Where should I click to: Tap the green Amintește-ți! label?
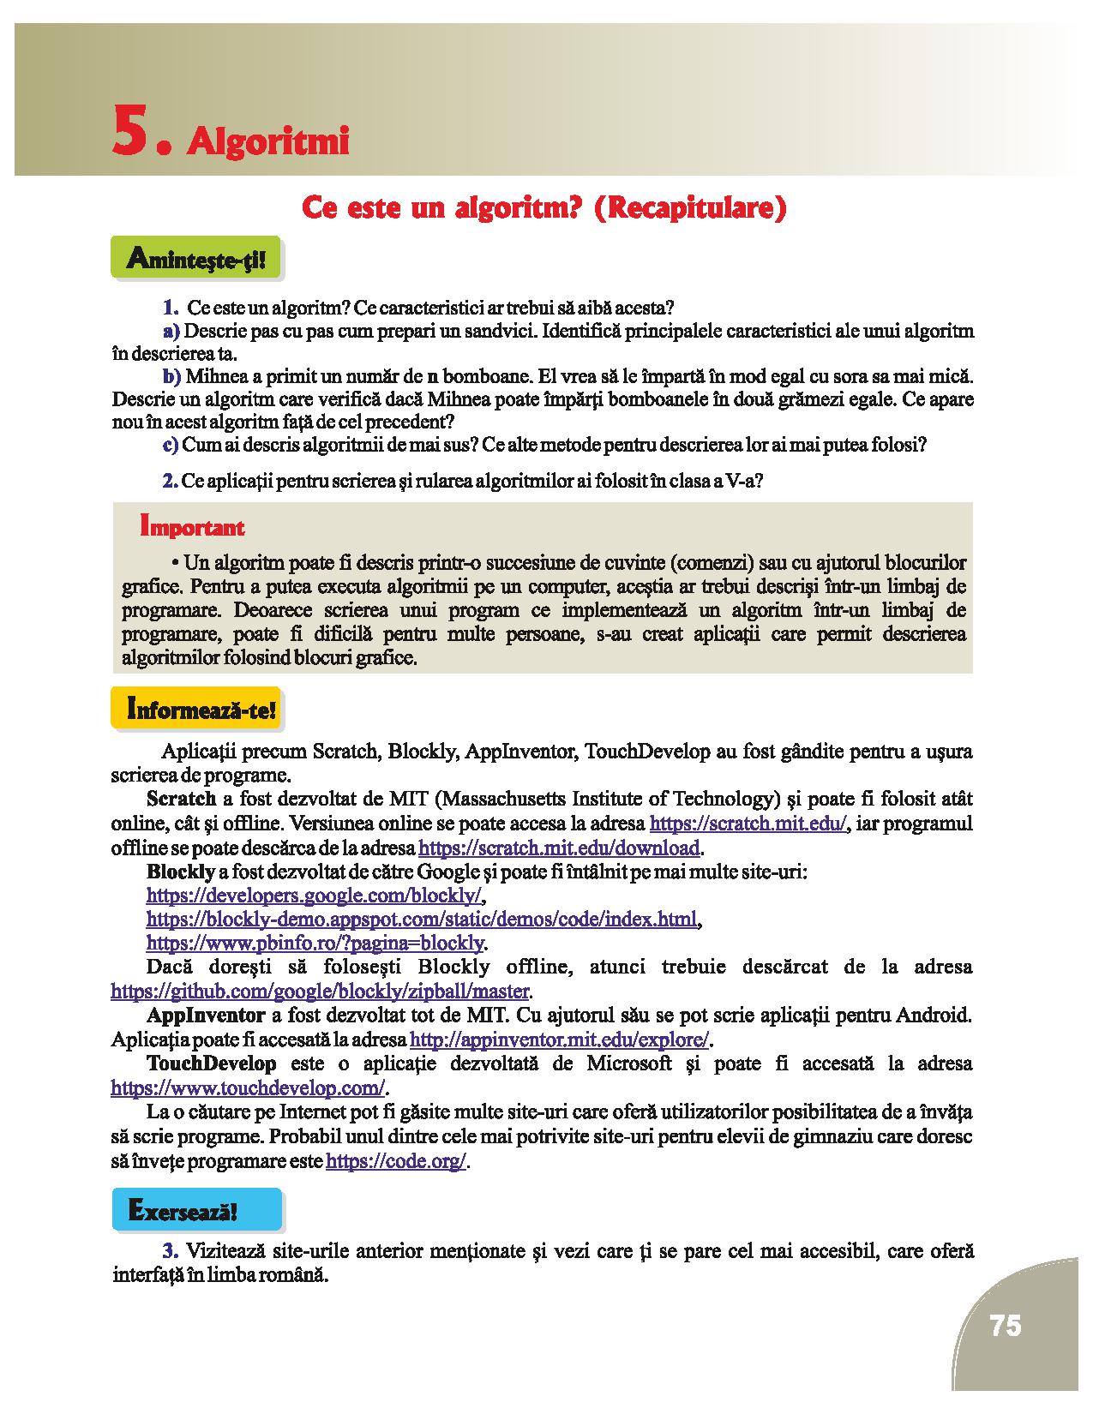click(195, 257)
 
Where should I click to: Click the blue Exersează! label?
click(183, 1211)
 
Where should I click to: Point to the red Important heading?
click(192, 527)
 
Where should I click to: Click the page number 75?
click(1006, 1326)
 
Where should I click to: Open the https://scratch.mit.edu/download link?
click(559, 848)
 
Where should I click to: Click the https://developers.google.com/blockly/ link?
click(315, 896)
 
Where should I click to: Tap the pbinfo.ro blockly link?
click(315, 944)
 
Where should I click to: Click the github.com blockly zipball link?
click(321, 992)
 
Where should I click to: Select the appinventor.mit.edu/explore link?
click(561, 1040)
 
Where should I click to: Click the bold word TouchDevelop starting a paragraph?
click(212, 1063)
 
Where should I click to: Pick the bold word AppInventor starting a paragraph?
click(206, 1016)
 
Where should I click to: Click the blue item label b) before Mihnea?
click(171, 376)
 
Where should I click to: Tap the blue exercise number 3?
click(169, 1249)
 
